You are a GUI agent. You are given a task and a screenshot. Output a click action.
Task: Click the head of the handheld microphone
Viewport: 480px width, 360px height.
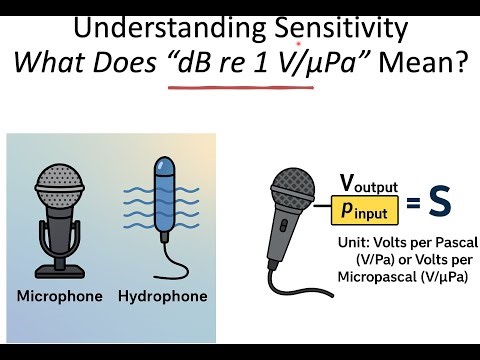tap(293, 188)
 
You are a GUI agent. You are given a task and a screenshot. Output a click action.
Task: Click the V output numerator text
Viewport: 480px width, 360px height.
tap(367, 184)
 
